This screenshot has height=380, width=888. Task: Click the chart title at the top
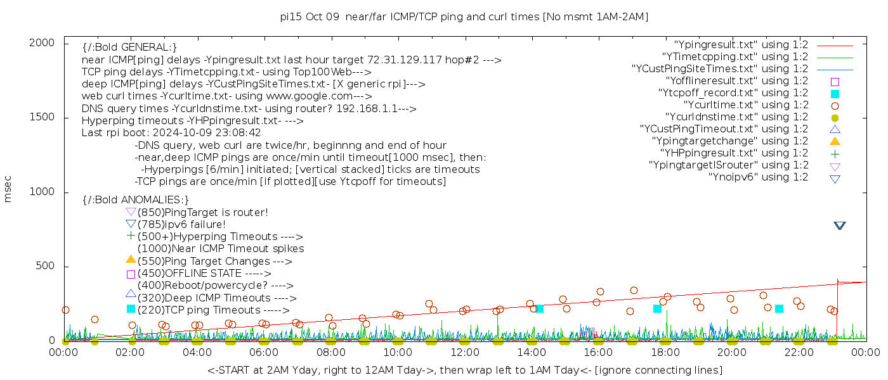(464, 16)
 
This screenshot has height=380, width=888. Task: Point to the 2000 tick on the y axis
(46, 42)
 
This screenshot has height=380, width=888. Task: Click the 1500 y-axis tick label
(46, 117)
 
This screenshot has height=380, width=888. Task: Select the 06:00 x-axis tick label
(264, 352)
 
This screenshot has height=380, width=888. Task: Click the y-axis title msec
(8, 191)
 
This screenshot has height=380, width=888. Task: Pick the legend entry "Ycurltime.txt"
(746, 104)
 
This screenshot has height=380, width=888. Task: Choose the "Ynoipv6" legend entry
(758, 177)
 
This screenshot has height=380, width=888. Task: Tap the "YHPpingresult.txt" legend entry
(734, 153)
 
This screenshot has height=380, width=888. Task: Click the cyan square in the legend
(835, 93)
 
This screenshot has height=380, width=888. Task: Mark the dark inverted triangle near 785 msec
(840, 225)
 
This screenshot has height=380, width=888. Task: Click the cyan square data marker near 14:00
(540, 308)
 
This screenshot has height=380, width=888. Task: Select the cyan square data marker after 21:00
(779, 308)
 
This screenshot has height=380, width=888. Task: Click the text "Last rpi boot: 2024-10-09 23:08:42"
(171, 133)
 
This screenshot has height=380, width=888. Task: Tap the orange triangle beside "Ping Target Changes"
(131, 259)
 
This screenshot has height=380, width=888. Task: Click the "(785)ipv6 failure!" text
(181, 225)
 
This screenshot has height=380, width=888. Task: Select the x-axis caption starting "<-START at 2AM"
(464, 370)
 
